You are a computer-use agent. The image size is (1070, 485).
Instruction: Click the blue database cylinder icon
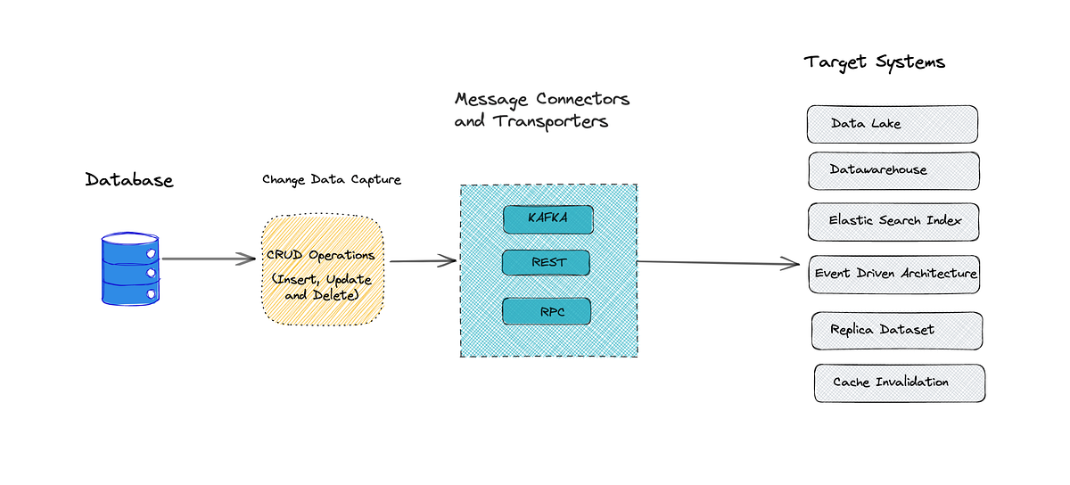(130, 268)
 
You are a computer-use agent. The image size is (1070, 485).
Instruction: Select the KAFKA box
(547, 218)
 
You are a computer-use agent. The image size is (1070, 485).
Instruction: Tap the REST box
(546, 263)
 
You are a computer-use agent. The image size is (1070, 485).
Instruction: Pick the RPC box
(546, 312)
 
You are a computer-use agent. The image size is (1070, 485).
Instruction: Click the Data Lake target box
(892, 124)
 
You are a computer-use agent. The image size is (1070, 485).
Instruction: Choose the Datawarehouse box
(893, 169)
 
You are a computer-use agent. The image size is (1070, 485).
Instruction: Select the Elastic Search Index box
(893, 221)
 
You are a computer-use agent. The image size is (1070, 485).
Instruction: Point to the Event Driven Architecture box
(895, 274)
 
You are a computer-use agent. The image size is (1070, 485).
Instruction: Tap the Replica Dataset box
(896, 330)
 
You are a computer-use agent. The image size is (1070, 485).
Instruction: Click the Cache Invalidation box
(899, 382)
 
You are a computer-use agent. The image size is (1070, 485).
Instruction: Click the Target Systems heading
(874, 62)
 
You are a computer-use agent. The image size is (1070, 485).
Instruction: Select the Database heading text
(129, 180)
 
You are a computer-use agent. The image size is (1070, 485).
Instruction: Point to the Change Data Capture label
(332, 180)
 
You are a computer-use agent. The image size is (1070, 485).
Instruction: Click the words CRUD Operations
(321, 255)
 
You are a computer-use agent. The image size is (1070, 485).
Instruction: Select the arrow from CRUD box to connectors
(423, 261)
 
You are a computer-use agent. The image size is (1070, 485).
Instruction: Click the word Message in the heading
(492, 99)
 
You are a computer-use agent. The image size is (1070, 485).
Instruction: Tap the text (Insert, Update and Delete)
(321, 287)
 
